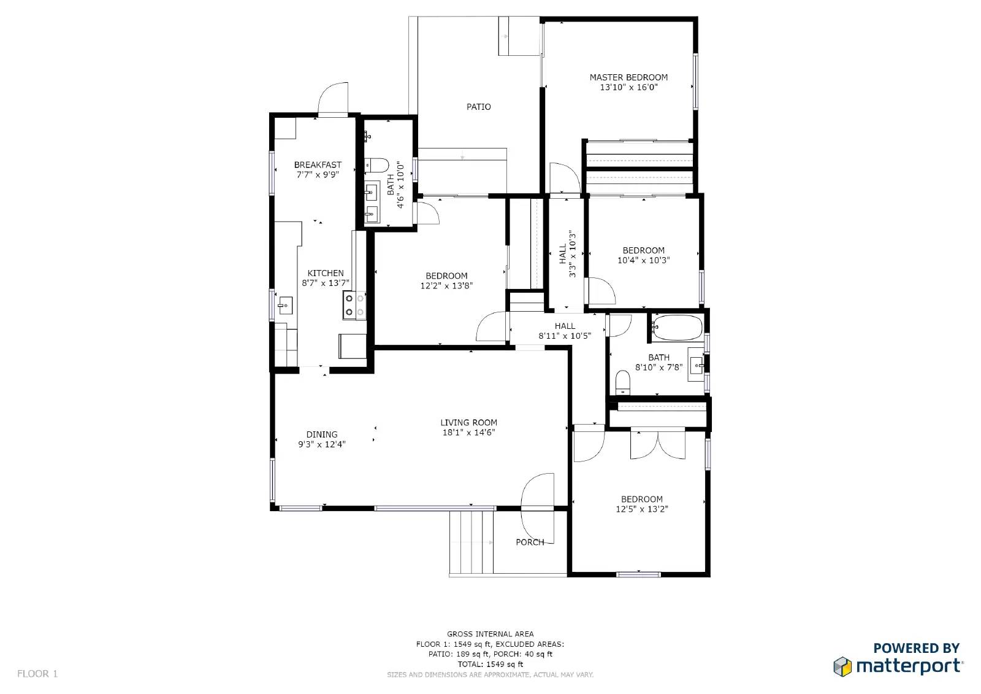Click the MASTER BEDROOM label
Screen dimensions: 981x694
[628, 77]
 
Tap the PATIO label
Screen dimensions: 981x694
[479, 107]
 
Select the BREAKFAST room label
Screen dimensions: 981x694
[318, 165]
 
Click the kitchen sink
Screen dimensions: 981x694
[285, 305]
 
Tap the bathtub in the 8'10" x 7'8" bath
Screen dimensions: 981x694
[677, 328]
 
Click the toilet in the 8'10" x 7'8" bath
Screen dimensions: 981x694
[622, 382]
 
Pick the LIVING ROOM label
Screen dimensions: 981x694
[468, 423]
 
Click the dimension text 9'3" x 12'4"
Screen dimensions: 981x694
[322, 444]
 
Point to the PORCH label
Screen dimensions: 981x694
[530, 542]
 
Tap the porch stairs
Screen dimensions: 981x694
[471, 542]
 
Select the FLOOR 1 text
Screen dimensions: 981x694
[37, 673]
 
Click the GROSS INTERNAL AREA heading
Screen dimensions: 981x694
[490, 634]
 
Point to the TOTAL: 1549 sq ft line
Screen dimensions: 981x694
[490, 664]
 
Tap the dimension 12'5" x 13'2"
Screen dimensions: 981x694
[641, 509]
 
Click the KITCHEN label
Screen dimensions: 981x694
[326, 273]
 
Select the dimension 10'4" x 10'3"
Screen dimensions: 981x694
[643, 260]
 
